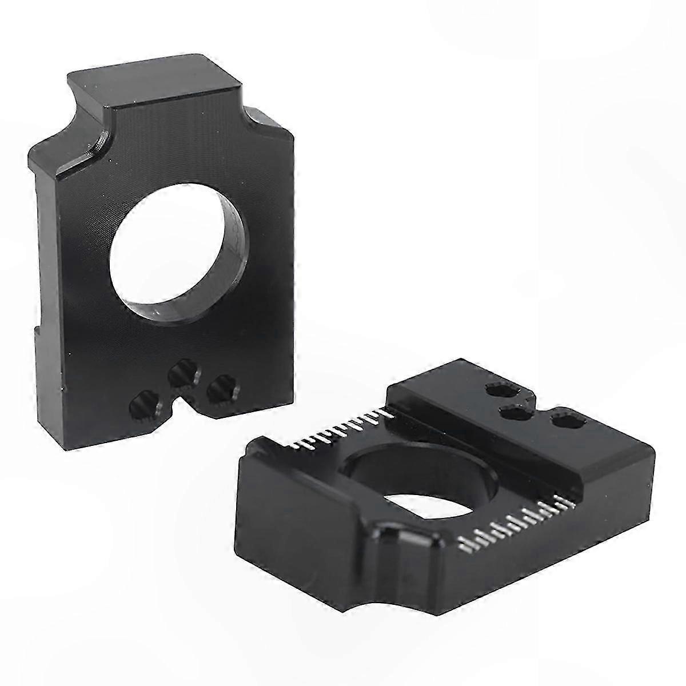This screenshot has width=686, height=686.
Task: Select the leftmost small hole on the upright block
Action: [141, 406]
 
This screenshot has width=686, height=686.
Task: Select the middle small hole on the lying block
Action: [514, 413]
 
